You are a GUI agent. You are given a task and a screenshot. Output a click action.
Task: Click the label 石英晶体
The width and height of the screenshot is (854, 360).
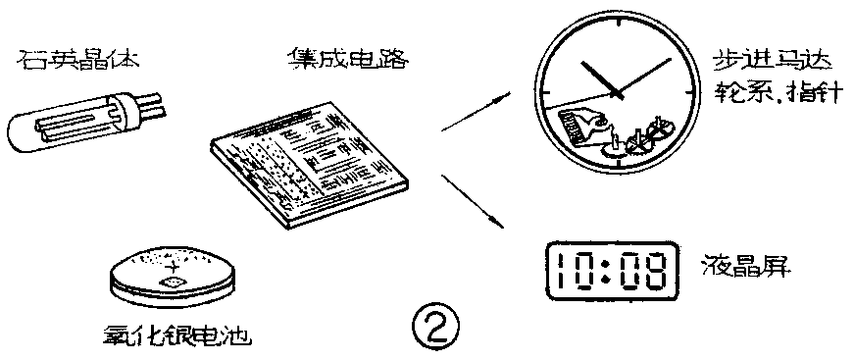tap(70, 61)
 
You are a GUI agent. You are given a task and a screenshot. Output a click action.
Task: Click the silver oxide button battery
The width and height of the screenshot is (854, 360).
tap(173, 275)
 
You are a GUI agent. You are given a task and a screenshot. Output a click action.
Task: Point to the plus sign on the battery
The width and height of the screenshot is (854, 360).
tap(176, 266)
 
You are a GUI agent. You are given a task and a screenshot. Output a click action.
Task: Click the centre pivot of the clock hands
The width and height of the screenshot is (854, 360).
tap(617, 92)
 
